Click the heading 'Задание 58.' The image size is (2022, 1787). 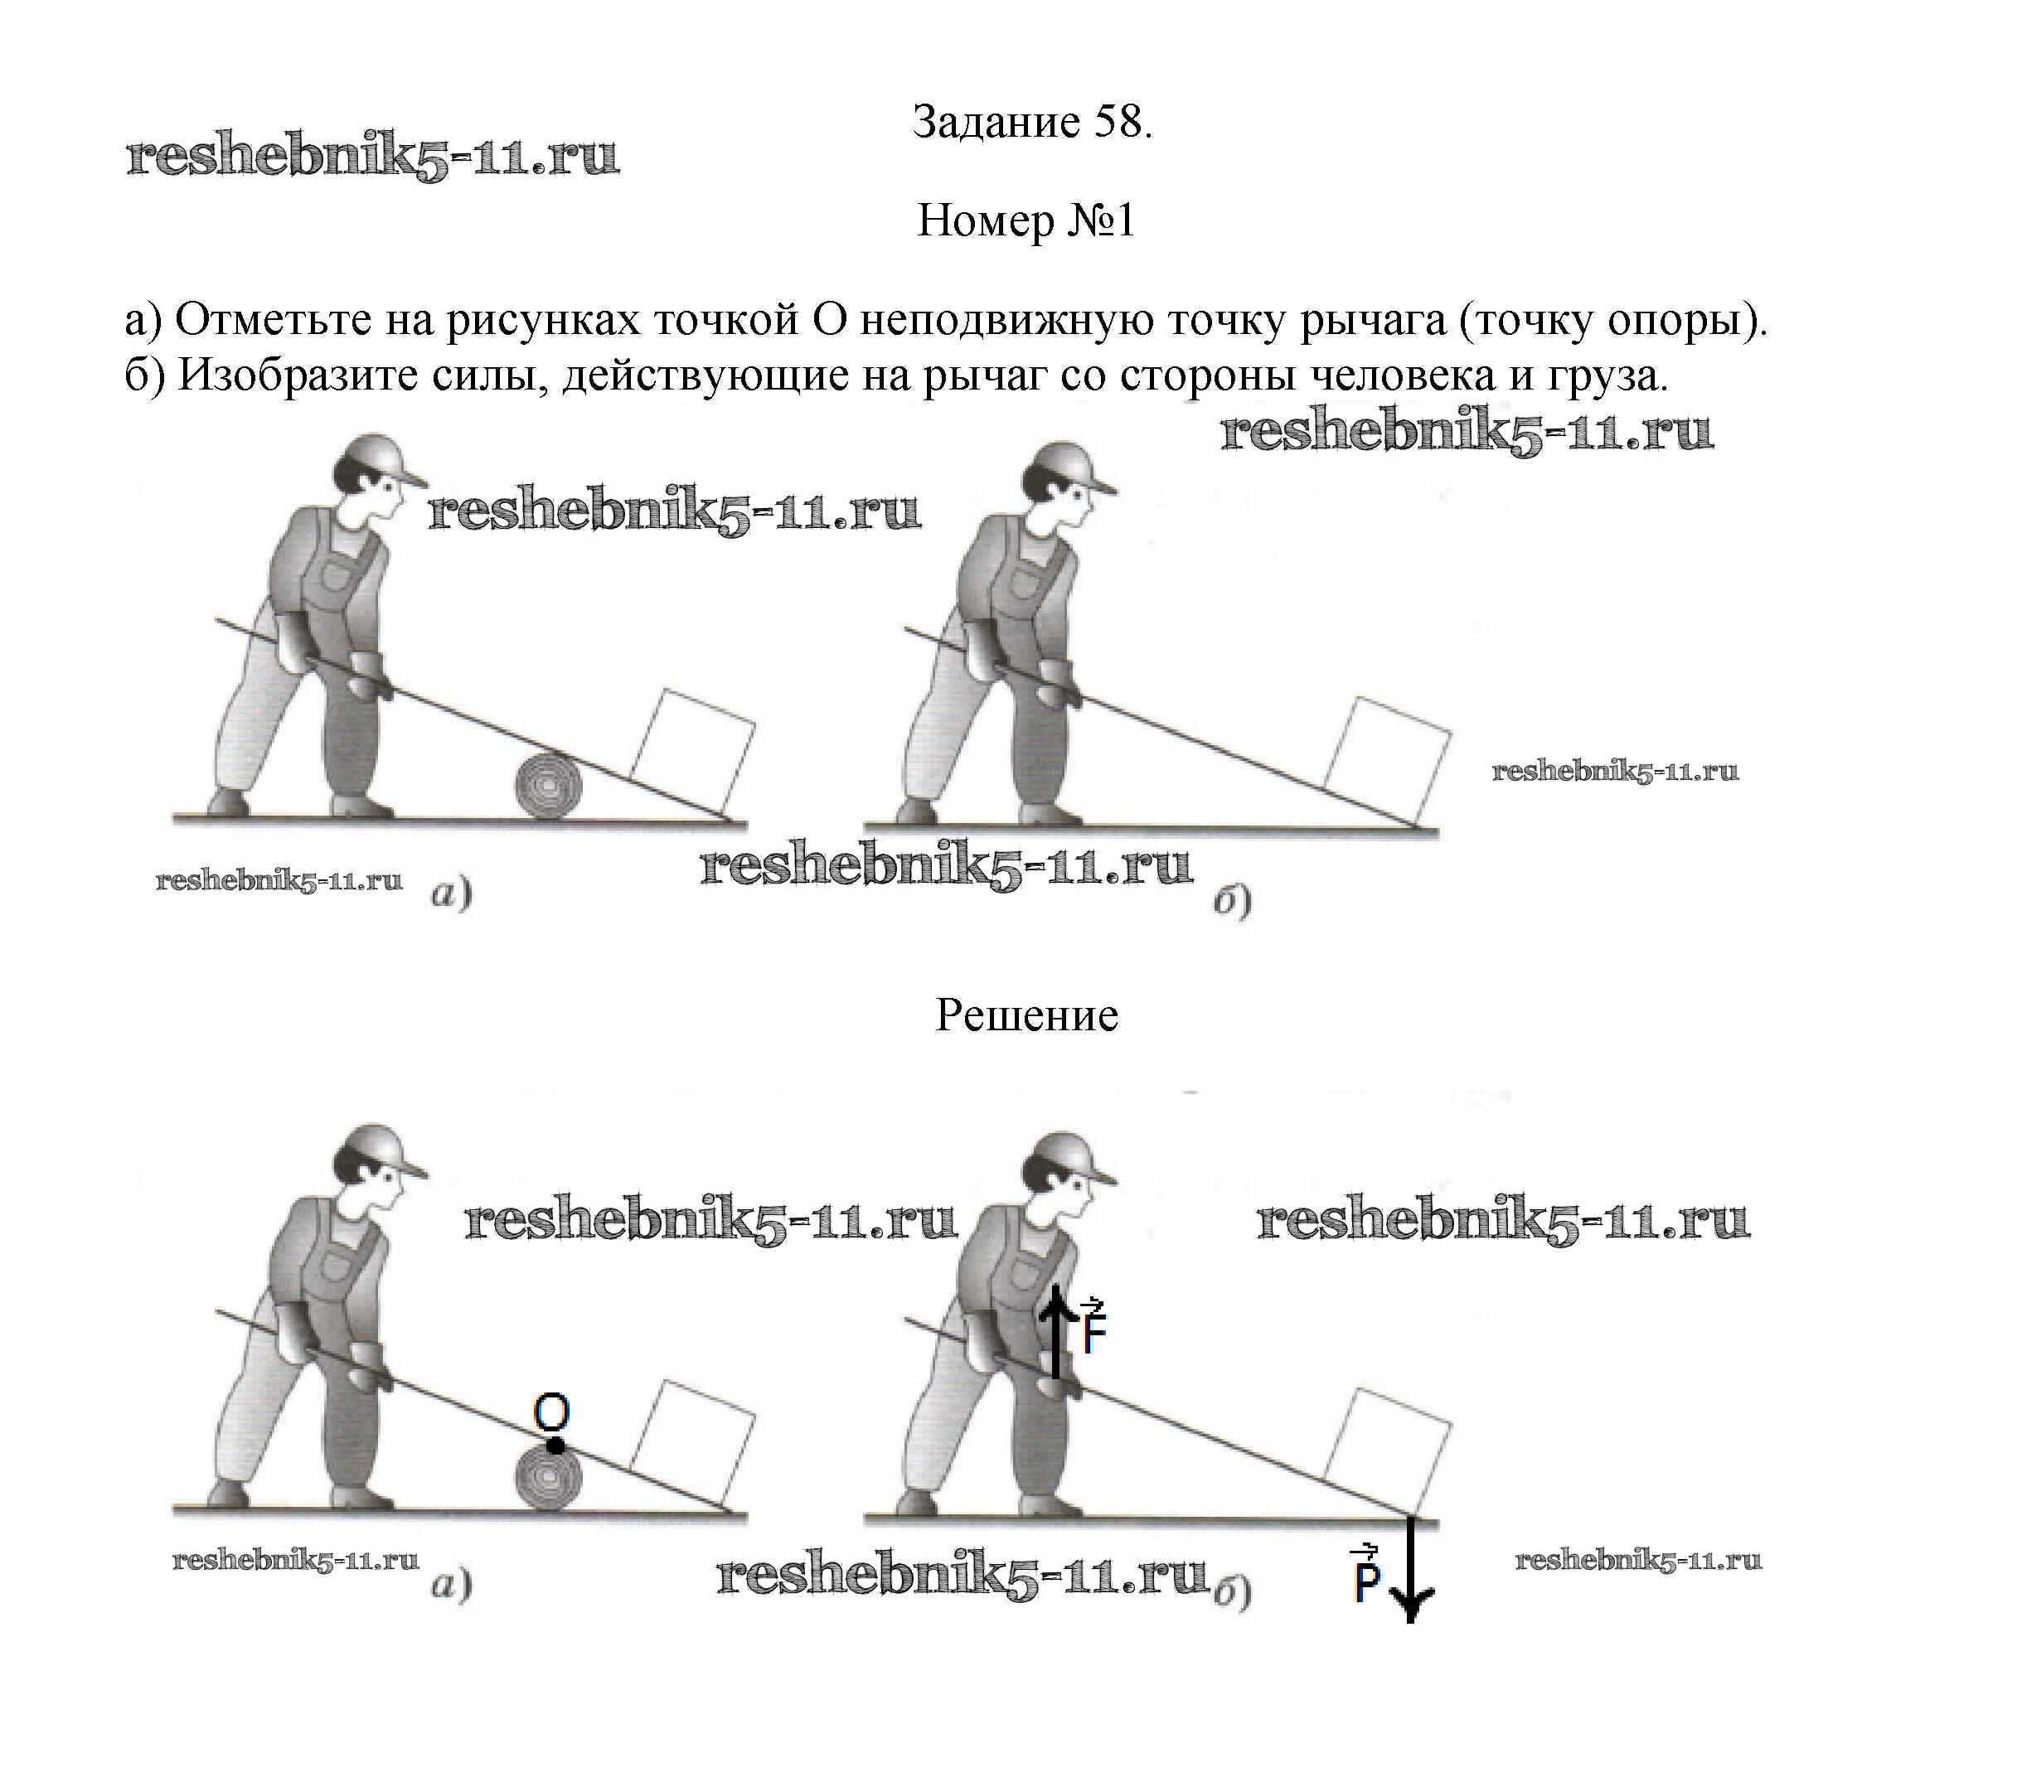tap(1032, 122)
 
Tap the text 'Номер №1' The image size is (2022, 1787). tap(1026, 220)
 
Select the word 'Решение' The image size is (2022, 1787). tap(1026, 1015)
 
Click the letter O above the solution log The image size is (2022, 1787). tap(551, 1414)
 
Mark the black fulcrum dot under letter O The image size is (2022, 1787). tap(556, 1446)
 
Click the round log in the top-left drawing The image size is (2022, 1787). tap(548, 787)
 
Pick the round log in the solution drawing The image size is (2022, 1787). tap(548, 1479)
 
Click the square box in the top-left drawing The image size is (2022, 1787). tap(692, 747)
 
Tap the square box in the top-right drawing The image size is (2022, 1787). tap(1388, 756)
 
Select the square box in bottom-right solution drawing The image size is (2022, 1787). tap(1388, 1447)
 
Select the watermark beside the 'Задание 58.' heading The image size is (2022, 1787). tap(373, 157)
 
